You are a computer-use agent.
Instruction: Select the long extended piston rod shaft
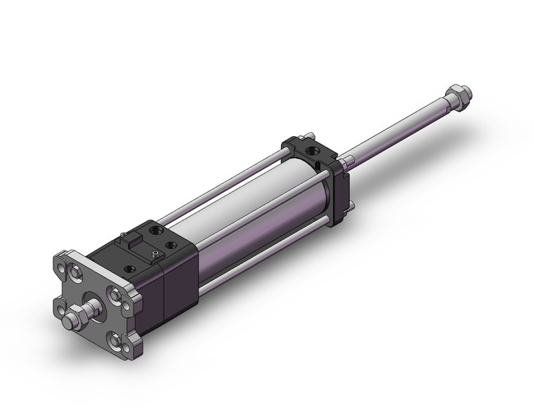[x=400, y=126]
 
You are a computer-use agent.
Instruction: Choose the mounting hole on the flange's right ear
[x=126, y=306]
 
